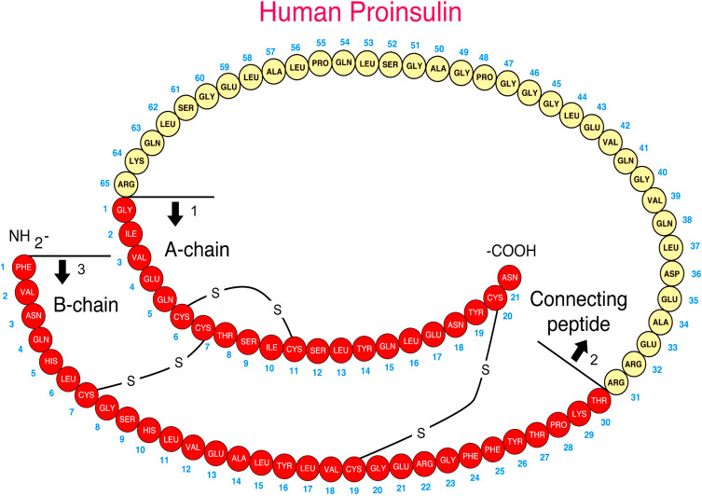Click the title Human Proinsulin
pos(351,15)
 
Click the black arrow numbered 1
pos(174,214)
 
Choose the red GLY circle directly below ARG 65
pos(124,213)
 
